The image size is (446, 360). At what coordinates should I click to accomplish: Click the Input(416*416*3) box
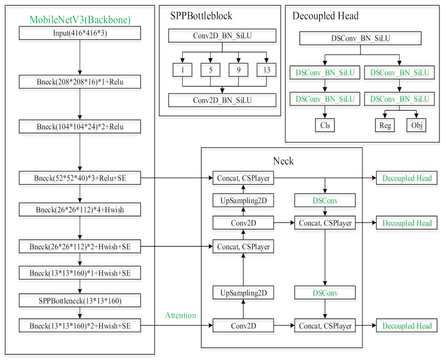(80, 33)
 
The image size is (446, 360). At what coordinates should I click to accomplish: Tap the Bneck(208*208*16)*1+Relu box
(80, 81)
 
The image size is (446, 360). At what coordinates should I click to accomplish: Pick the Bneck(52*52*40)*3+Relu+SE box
(80, 178)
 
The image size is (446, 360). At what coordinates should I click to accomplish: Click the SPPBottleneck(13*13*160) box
(80, 301)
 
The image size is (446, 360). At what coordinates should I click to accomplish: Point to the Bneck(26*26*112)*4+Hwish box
(80, 210)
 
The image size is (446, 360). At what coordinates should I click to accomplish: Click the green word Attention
(181, 315)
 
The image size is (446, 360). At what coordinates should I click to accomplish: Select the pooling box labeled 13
(266, 70)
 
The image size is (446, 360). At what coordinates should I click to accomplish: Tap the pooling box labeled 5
(210, 70)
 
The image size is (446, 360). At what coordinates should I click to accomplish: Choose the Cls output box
(325, 125)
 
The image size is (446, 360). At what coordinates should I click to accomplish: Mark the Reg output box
(385, 125)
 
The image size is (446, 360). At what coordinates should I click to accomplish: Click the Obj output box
(416, 125)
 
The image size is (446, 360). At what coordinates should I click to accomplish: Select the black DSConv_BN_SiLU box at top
(360, 38)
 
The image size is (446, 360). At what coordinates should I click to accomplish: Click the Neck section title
(283, 161)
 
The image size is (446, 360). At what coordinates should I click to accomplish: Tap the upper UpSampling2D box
(243, 200)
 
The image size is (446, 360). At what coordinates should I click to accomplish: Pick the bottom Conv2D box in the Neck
(243, 326)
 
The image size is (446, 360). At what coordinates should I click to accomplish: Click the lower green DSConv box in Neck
(325, 293)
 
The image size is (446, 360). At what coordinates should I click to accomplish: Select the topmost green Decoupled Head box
(407, 178)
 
